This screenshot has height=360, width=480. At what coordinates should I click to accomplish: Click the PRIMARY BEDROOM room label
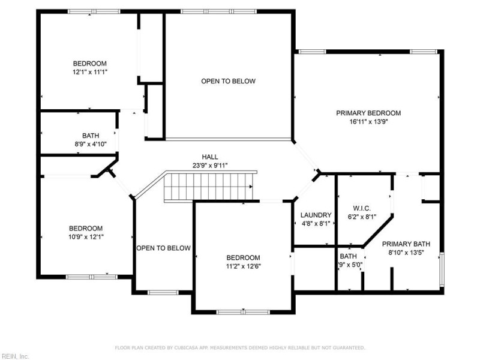coord(368,113)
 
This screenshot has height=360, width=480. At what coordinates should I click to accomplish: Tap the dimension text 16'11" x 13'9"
coord(368,121)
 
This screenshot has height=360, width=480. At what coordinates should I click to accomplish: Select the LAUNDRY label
coord(316,215)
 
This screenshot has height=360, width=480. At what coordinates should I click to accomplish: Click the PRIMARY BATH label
coord(406,244)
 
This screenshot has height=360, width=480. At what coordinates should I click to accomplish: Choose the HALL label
coord(210,157)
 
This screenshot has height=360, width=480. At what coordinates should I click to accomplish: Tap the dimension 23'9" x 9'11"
coord(210,166)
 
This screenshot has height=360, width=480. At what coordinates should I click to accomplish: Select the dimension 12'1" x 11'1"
coord(90,72)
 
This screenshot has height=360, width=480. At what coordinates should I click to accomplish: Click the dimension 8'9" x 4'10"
coord(91,144)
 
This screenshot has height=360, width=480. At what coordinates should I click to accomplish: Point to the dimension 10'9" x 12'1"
coord(86,237)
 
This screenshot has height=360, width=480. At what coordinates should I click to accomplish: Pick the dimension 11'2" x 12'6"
coord(243,266)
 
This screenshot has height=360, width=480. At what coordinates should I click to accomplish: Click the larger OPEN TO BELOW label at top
coord(229,81)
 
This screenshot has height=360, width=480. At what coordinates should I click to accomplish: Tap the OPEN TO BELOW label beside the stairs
coord(163,248)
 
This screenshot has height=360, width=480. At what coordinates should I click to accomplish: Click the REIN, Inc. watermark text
coord(15,356)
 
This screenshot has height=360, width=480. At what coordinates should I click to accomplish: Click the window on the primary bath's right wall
coord(443,269)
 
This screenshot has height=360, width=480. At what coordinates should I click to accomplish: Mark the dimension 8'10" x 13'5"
coord(406,253)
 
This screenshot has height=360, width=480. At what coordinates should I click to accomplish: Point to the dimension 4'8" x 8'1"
coord(316,224)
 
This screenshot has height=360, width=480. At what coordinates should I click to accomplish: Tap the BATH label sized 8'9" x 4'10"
coord(91,136)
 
